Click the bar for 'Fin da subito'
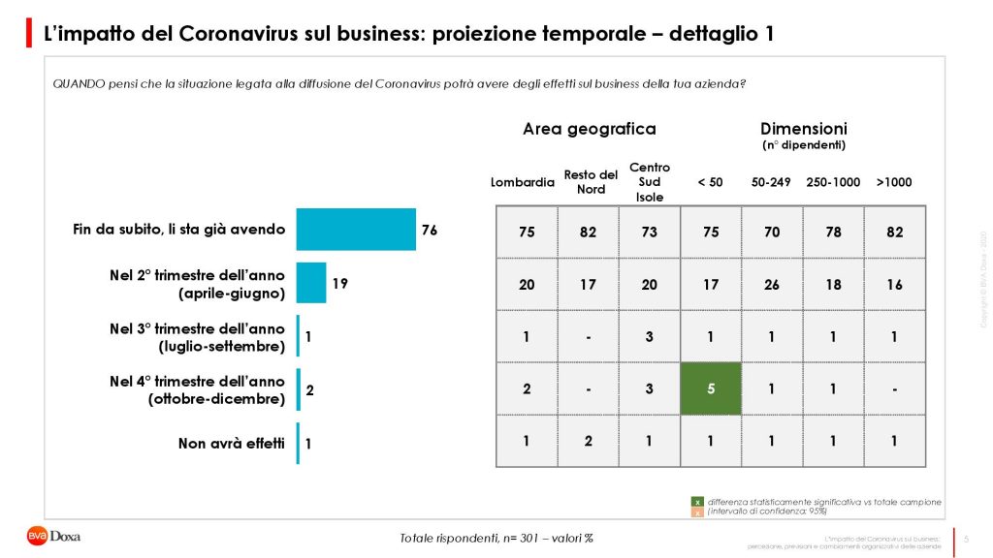(355, 230)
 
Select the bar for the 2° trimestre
(311, 283)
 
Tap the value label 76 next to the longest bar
(430, 231)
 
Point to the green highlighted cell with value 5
(710, 388)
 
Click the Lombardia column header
(523, 182)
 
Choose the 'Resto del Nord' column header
(591, 182)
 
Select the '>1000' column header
(893, 182)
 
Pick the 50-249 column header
(771, 182)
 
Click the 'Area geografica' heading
(589, 129)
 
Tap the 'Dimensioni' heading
(803, 129)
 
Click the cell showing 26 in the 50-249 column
(772, 284)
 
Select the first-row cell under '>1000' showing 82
(893, 232)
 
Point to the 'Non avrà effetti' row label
(232, 444)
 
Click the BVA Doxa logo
(53, 536)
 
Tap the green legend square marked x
(696, 502)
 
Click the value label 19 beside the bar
(339, 284)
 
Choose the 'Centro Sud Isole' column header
(650, 182)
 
